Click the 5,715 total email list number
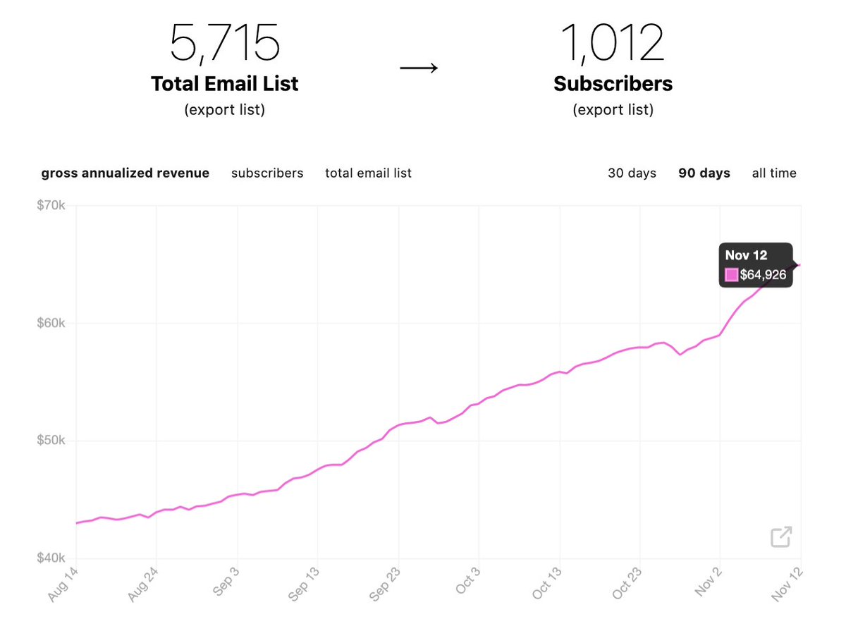coord(224,44)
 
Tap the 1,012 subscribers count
coord(613,44)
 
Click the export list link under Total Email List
coord(224,110)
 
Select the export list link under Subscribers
coord(613,110)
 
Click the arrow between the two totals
coord(419,68)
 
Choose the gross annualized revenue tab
coord(125,173)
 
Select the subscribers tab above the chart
coord(267,173)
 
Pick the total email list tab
coord(368,173)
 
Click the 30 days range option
coord(632,173)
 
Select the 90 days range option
coord(704,173)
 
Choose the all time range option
coord(774,173)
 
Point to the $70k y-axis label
coord(51,206)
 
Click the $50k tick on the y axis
coord(51,441)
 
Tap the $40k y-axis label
coord(51,558)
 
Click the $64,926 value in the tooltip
coord(762,275)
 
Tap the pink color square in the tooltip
coord(731,275)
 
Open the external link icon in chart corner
coord(780,537)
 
